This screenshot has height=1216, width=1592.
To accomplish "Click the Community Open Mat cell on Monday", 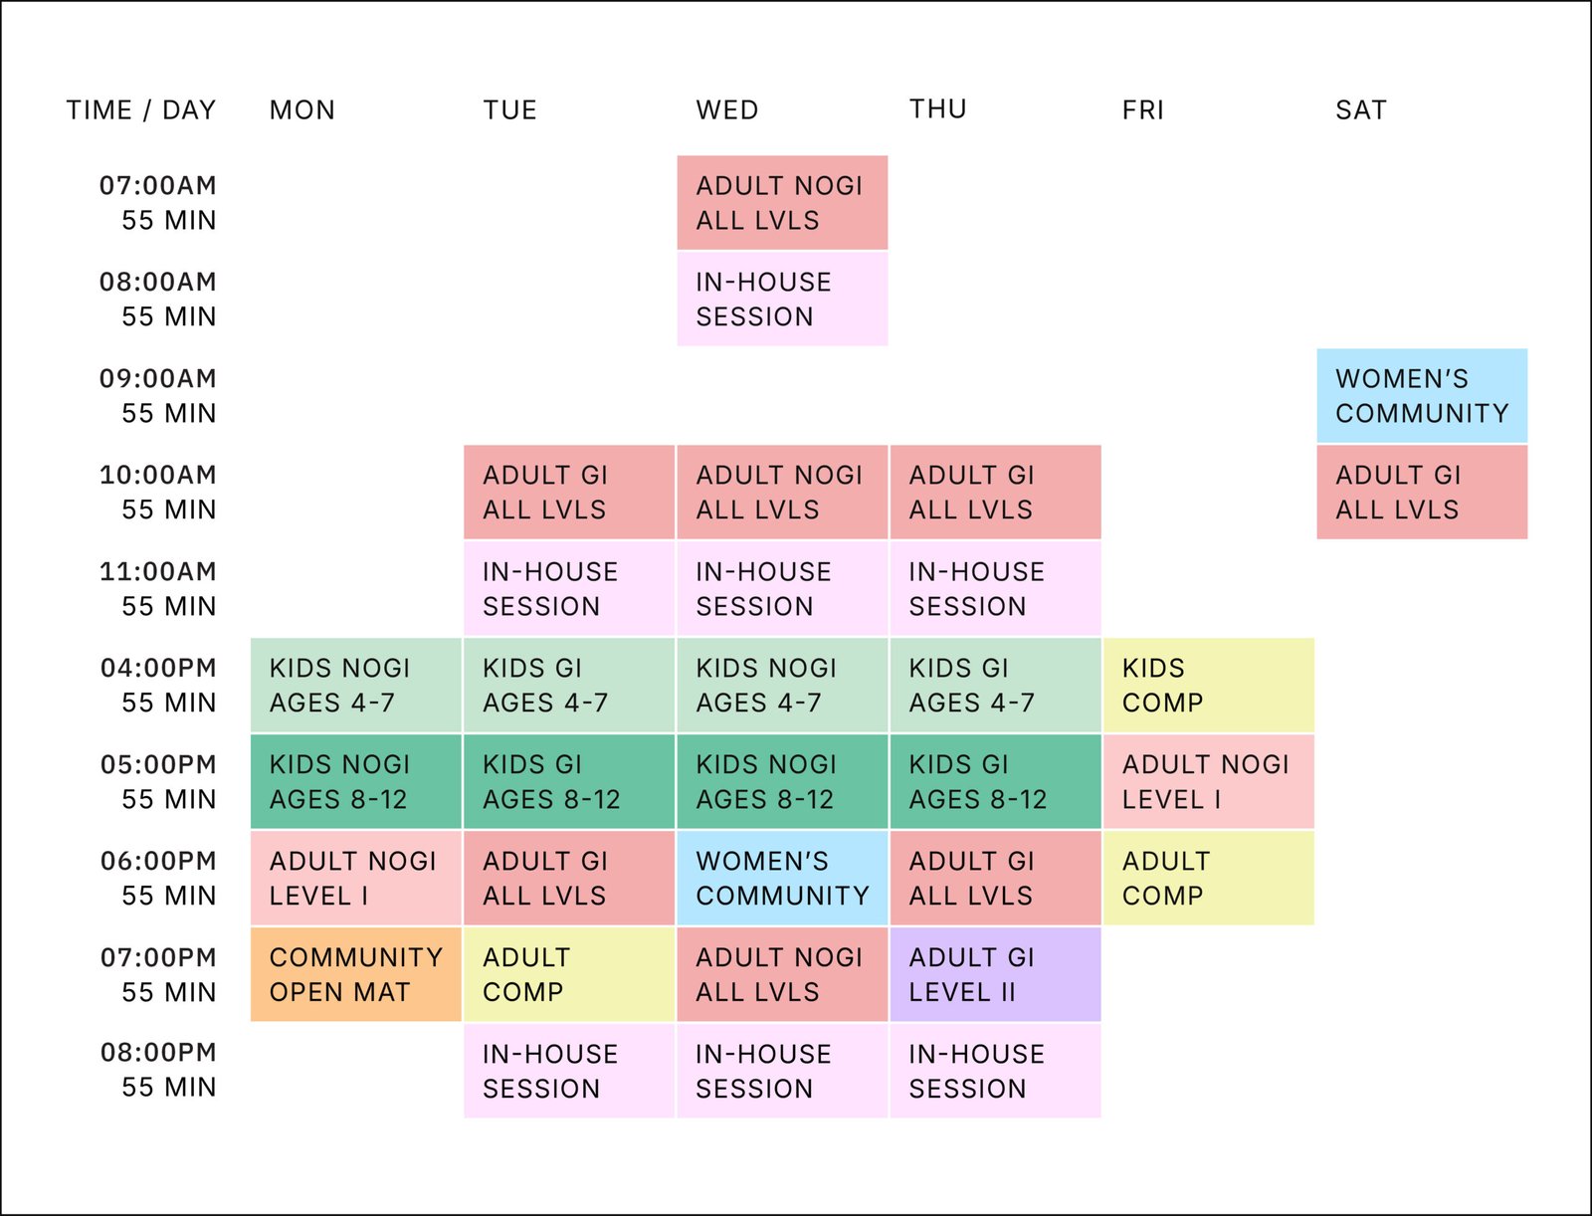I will [355, 974].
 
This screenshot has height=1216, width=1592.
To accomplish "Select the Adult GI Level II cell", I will [995, 974].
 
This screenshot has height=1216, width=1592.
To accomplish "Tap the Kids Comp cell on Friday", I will [1208, 685].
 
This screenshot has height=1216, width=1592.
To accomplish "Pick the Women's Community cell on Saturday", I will [1421, 395].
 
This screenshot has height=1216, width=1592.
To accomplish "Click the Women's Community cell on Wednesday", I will [782, 878].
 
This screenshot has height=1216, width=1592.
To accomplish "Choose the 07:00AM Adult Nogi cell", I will [782, 202].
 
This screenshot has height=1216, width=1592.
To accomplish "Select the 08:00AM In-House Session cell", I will [782, 299].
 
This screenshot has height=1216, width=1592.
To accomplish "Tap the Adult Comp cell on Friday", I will [1208, 878].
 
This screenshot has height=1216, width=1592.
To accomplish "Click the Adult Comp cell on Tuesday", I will [568, 974].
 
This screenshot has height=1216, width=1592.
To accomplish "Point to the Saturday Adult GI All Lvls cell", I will [1421, 492].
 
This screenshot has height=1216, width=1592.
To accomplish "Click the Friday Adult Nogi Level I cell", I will [1208, 781].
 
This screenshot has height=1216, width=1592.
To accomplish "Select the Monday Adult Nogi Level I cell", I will [355, 878].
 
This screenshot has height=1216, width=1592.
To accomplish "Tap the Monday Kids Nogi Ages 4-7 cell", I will [355, 685].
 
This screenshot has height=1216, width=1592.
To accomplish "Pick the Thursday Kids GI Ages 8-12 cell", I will [995, 781].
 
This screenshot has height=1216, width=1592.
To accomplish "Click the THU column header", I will [937, 108].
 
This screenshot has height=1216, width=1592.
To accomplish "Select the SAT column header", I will [1360, 109].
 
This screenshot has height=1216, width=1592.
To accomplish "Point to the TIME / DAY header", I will [141, 109].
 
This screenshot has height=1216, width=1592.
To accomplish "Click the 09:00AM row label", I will [158, 395].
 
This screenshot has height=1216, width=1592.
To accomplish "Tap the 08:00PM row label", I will [158, 1070].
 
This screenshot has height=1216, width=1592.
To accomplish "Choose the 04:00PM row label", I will [158, 685].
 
